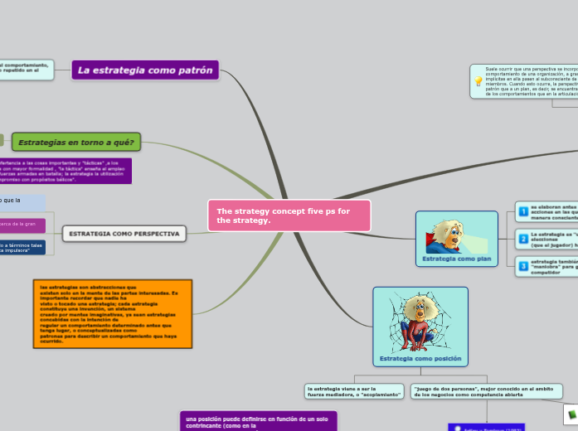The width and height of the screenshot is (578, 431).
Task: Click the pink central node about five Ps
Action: click(289, 215)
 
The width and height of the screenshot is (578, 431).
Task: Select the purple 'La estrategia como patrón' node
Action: click(145, 70)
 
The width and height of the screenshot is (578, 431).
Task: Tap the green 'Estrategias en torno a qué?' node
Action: click(77, 142)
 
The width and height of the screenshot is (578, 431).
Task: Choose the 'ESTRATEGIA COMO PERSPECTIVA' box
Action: click(124, 235)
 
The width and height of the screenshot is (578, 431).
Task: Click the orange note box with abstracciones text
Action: click(114, 313)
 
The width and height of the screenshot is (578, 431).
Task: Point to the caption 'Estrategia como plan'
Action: click(457, 259)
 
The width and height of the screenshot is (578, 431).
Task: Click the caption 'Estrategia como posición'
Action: click(420, 359)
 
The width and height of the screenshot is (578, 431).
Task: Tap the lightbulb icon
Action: click(478, 81)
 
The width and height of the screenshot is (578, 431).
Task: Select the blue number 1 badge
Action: click(523, 211)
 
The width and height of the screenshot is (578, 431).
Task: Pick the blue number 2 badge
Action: click(523, 239)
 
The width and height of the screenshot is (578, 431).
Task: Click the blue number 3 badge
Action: click(523, 265)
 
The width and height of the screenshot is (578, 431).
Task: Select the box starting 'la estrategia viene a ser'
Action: click(354, 391)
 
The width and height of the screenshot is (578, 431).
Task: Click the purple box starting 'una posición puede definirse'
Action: click(258, 421)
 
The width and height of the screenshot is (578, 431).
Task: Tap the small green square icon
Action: click(571, 412)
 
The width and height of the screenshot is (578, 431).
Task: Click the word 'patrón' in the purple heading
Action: click(193, 70)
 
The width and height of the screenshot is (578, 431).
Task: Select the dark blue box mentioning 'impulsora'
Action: click(22, 248)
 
